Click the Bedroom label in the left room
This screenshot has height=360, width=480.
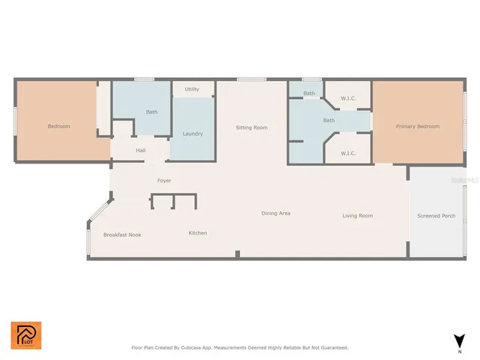pyautogui.click(x=58, y=126)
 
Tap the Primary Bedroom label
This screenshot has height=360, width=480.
pyautogui.click(x=418, y=126)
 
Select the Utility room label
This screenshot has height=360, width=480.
pyautogui.click(x=192, y=89)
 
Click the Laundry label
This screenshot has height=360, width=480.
pyautogui.click(x=193, y=133)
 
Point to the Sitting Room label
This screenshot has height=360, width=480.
pyautogui.click(x=251, y=127)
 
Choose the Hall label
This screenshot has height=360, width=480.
pyautogui.click(x=140, y=151)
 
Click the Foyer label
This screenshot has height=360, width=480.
pyautogui.click(x=163, y=181)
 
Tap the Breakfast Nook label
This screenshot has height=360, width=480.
pyautogui.click(x=122, y=235)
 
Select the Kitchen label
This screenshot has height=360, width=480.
pyautogui.click(x=197, y=233)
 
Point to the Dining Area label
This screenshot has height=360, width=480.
pyautogui.click(x=275, y=214)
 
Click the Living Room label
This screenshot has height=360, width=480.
pyautogui.click(x=358, y=216)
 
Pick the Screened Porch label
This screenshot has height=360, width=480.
pyautogui.click(x=436, y=216)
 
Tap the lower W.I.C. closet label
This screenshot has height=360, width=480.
pyautogui.click(x=348, y=153)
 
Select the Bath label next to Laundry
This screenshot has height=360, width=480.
pyautogui.click(x=151, y=112)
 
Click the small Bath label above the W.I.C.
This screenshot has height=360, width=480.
pyautogui.click(x=309, y=94)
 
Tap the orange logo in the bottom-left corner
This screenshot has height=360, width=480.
pyautogui.click(x=26, y=335)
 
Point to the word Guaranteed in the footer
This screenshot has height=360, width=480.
pyautogui.click(x=331, y=348)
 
